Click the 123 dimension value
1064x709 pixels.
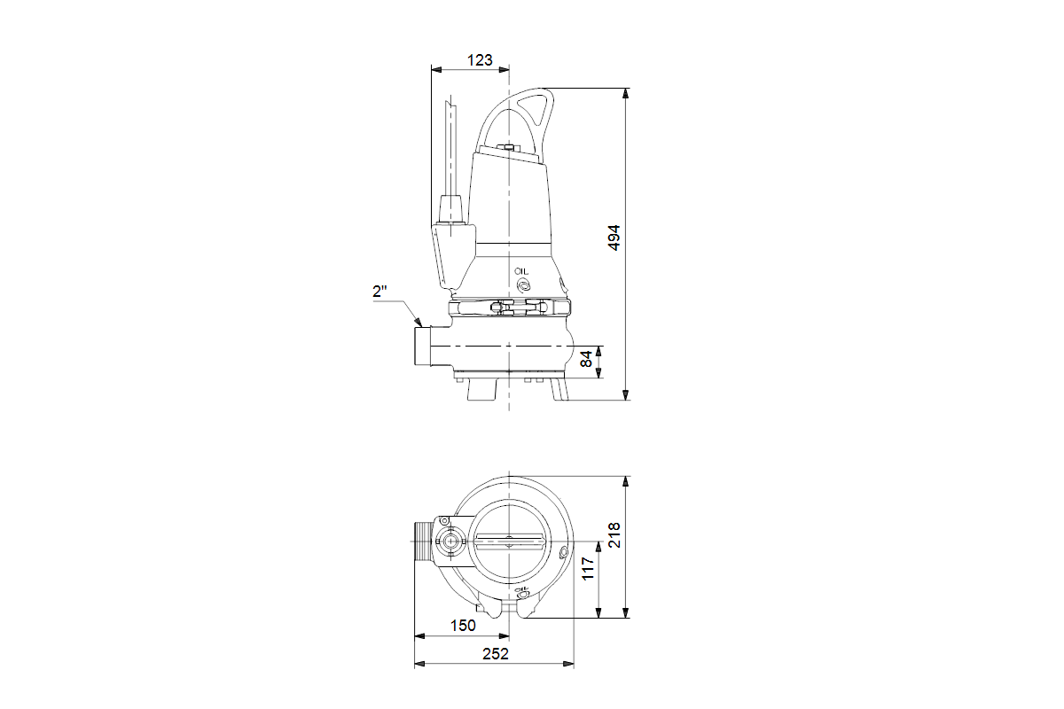coord(479,60)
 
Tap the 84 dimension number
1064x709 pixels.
coord(586,360)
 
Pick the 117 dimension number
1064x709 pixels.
coord(587,568)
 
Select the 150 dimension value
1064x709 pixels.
coord(462,625)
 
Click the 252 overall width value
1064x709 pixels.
coord(496,654)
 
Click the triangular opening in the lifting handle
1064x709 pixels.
coord(535,112)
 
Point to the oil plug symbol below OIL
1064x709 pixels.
coord(522,285)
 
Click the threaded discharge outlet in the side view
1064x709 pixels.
coord(421,346)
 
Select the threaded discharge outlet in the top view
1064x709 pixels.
coord(421,542)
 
